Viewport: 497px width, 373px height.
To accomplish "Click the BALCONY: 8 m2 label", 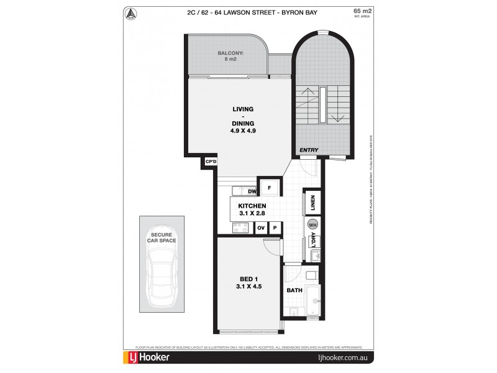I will [230, 57].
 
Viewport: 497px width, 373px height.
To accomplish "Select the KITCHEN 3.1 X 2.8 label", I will [252, 210].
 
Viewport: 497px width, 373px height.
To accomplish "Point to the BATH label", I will [294, 290].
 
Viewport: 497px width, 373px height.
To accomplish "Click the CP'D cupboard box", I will [211, 162].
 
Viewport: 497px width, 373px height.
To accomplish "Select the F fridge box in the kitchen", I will [269, 186].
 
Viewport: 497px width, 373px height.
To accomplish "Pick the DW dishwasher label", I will [252, 191].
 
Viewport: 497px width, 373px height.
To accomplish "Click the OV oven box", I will [262, 228].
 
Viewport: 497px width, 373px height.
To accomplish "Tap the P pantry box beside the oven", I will [274, 228].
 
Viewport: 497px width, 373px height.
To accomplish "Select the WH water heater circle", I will [312, 225].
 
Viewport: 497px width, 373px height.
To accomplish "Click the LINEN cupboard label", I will [313, 203].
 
